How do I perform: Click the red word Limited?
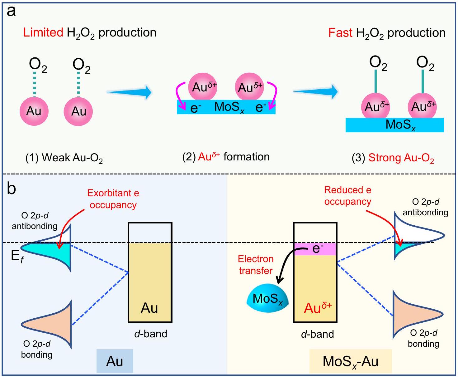coord(43,32)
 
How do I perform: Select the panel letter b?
coord(11,188)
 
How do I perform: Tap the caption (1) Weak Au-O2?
coord(64,158)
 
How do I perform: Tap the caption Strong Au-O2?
coord(401,158)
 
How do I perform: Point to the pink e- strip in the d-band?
coord(315,249)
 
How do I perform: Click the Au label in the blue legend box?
coord(115,361)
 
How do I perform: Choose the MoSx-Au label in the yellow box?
coord(350,361)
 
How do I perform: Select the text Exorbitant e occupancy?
coord(113,199)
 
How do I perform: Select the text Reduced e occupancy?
coord(348,196)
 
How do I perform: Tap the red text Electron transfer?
coord(256,265)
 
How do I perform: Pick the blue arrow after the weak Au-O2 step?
coord(129,92)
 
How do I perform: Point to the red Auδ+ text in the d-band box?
coord(317,308)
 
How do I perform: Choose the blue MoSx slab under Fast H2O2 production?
coord(394,125)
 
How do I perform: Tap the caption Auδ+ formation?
coord(226,157)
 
